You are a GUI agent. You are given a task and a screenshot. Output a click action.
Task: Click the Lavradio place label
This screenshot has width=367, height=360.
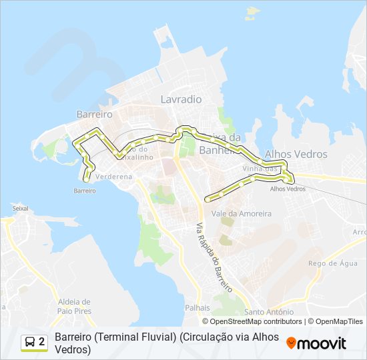pyautogui.click(x=181, y=99)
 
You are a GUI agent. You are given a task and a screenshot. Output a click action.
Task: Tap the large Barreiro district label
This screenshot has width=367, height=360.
pyautogui.click(x=94, y=115)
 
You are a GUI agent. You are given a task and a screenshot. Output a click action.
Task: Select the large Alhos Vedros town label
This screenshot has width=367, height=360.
pyautogui.click(x=296, y=154)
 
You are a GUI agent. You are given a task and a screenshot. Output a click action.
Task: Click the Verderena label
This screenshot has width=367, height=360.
pyautogui.click(x=114, y=177)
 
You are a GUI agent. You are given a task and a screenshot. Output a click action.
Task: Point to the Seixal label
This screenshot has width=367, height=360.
pyautogui.click(x=21, y=208)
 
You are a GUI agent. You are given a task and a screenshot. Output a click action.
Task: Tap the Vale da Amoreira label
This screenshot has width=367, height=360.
pyautogui.click(x=241, y=214)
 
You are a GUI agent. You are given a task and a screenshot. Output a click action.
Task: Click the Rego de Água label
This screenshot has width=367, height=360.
pyautogui.click(x=333, y=263)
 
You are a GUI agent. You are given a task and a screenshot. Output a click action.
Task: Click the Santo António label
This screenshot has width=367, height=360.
pyautogui.click(x=269, y=312)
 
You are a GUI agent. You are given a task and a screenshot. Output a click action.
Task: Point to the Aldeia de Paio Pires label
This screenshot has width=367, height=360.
pyautogui.click(x=73, y=306)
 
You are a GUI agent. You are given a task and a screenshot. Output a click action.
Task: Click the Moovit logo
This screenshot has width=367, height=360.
pyautogui.click(x=316, y=343)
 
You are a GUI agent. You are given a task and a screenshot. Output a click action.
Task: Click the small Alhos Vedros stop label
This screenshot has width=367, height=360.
pyautogui.click(x=288, y=189)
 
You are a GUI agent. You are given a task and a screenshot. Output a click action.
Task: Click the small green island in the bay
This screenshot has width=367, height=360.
pyautogui.click(x=253, y=11)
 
